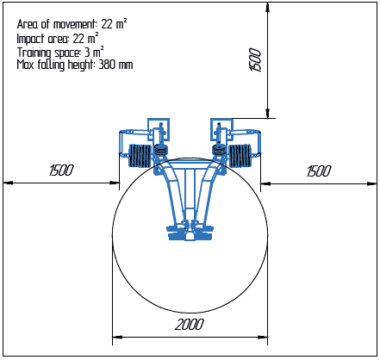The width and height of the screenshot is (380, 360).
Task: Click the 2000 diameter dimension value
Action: (190, 325)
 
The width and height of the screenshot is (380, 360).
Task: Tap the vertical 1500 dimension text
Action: (255, 59)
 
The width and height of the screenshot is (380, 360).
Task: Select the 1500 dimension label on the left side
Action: (61, 171)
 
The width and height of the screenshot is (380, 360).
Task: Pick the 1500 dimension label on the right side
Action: (319, 171)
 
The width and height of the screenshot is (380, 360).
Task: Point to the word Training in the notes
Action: (34, 53)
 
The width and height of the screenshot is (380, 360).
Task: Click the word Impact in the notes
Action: (30, 39)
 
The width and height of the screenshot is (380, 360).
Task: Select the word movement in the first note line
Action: (74, 24)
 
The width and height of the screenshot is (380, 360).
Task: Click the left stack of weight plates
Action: (140, 155)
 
